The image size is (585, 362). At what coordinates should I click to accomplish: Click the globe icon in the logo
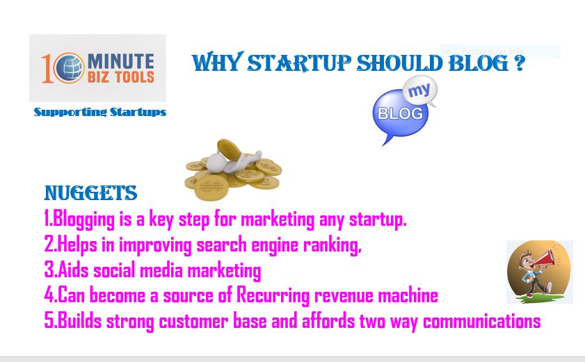tap(69, 67)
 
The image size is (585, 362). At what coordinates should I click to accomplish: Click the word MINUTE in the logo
tap(121, 61)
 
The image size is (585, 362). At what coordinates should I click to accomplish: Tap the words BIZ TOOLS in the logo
tap(121, 77)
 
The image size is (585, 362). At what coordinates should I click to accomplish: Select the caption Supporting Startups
tap(100, 113)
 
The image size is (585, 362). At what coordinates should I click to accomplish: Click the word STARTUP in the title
tap(299, 63)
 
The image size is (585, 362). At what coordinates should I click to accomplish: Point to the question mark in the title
tap(520, 63)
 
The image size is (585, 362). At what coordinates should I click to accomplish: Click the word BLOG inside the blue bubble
tap(401, 113)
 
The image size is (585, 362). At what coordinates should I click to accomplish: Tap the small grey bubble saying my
tap(420, 91)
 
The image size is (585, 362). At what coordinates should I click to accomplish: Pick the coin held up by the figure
tap(229, 150)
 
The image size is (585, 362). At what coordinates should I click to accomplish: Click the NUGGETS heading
tap(90, 193)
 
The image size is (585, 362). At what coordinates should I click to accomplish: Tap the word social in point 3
tap(114, 270)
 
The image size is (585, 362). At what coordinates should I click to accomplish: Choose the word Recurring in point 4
tap(273, 296)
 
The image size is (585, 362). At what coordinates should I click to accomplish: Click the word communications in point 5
tap(481, 321)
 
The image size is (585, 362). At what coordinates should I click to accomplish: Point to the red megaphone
tap(545, 258)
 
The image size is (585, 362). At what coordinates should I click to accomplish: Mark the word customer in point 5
tap(193, 322)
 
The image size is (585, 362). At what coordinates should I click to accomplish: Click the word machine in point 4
tap(408, 295)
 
